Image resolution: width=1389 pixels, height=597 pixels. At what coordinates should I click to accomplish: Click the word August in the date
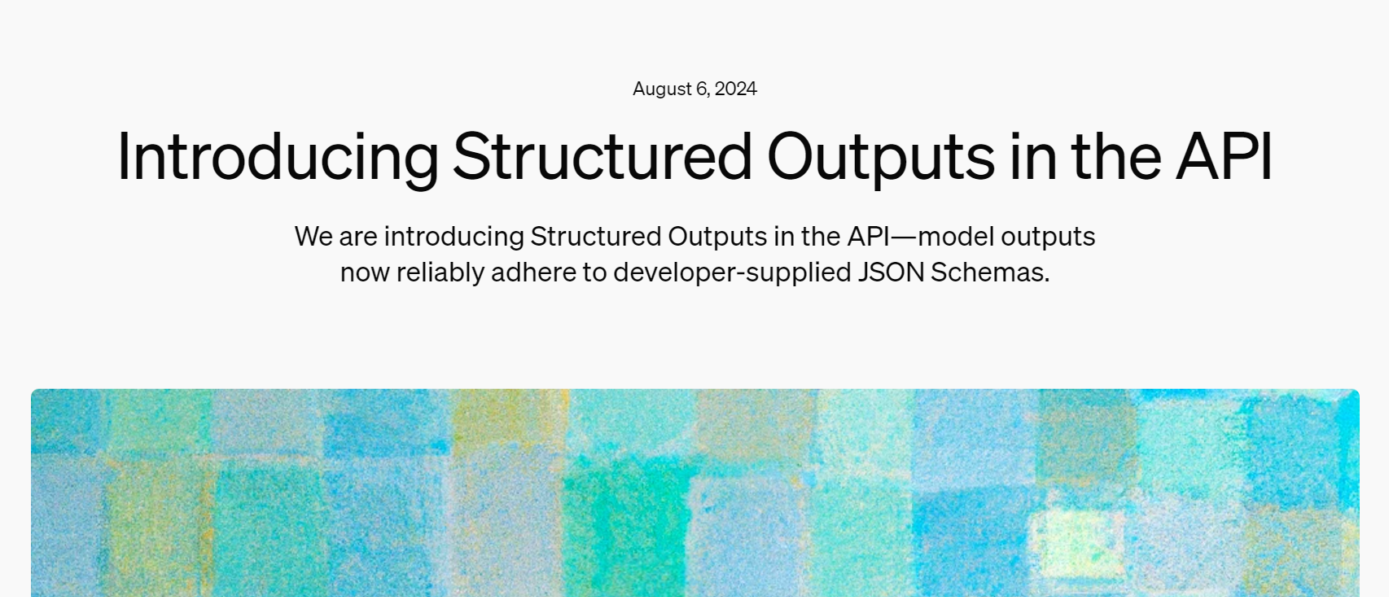[662, 89]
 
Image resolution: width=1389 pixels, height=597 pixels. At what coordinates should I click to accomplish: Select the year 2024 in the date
[736, 89]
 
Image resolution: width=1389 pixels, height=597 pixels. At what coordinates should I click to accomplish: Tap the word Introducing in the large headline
[278, 157]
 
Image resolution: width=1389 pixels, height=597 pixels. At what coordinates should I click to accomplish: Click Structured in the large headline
[602, 157]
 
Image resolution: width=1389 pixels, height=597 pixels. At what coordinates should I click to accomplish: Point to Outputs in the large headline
[881, 157]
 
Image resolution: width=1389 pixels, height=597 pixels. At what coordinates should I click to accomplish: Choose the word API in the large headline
[1224, 157]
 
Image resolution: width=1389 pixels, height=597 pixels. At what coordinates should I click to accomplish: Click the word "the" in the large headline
[1115, 157]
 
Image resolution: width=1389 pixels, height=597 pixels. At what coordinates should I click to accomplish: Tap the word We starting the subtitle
[313, 237]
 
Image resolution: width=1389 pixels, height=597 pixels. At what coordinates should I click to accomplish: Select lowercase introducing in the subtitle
[454, 237]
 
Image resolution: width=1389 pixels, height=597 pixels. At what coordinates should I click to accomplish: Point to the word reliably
[440, 272]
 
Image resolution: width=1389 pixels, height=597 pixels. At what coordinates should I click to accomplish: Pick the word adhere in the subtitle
[533, 272]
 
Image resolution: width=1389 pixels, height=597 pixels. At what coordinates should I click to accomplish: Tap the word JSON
[892, 272]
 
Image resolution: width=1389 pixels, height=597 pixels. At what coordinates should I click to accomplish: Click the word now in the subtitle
[364, 272]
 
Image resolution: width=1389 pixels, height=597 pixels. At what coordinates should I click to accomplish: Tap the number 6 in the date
[702, 89]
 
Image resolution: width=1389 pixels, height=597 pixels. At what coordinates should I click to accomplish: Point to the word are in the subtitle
[358, 237]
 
